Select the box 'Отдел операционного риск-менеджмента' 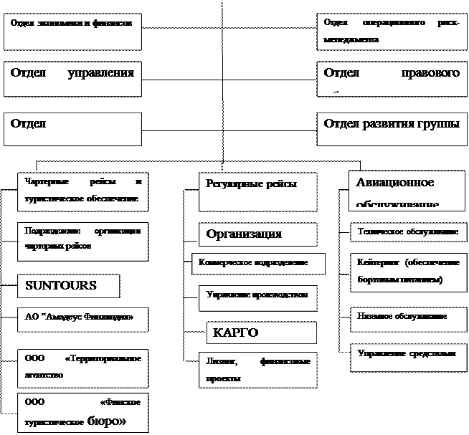(x=392, y=32)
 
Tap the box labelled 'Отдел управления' (x=72, y=79)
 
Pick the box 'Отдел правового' (x=392, y=79)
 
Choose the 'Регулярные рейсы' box (x=257, y=191)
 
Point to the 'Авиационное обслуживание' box (x=404, y=190)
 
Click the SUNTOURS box (x=68, y=285)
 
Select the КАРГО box (x=261, y=333)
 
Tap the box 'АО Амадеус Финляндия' (x=82, y=319)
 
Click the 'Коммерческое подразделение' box (x=258, y=263)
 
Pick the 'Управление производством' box (x=257, y=297)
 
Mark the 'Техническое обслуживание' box (x=407, y=234)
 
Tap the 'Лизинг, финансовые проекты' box (x=257, y=370)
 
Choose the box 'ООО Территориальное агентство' (x=82, y=365)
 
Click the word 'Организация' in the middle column (x=244, y=234)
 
